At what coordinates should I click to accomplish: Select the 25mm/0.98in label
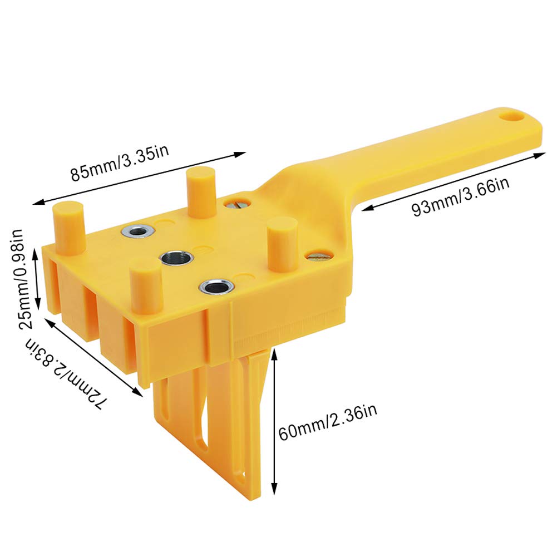(19, 278)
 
